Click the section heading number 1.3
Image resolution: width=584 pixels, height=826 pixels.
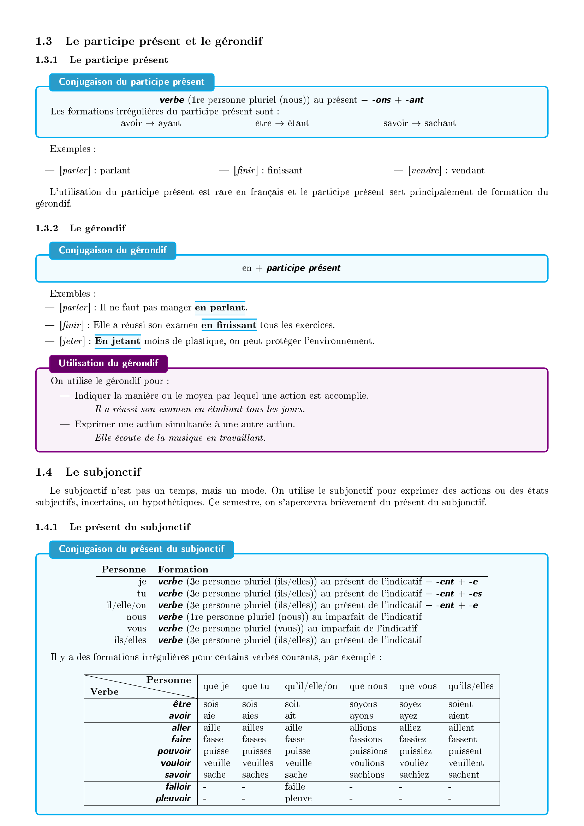point(43,41)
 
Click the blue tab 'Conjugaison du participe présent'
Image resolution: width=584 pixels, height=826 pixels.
point(132,82)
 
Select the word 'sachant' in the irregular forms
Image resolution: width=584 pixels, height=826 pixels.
point(440,123)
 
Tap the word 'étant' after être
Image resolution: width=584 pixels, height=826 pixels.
point(298,123)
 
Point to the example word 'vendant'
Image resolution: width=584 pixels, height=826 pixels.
point(468,171)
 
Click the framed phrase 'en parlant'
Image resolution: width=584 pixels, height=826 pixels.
point(220,308)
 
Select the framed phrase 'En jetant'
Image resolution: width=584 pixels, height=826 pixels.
point(118,341)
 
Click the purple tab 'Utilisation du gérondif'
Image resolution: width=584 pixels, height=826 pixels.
point(108,363)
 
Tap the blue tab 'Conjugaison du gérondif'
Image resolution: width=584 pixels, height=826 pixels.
point(113,250)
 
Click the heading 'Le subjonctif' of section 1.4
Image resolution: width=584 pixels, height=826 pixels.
point(103,472)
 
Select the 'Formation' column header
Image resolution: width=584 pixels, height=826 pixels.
point(183,570)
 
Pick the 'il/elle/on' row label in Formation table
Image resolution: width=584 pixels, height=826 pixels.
point(126,606)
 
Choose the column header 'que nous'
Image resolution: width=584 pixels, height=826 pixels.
point(368,687)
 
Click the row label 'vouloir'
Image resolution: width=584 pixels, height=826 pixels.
point(175,763)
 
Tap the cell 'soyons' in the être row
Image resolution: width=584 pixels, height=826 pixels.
point(363,705)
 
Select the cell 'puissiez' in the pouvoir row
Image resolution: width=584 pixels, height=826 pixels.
point(415,751)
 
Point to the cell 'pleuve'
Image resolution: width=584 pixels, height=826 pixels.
point(298,799)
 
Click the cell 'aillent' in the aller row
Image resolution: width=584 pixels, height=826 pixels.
point(461,728)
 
